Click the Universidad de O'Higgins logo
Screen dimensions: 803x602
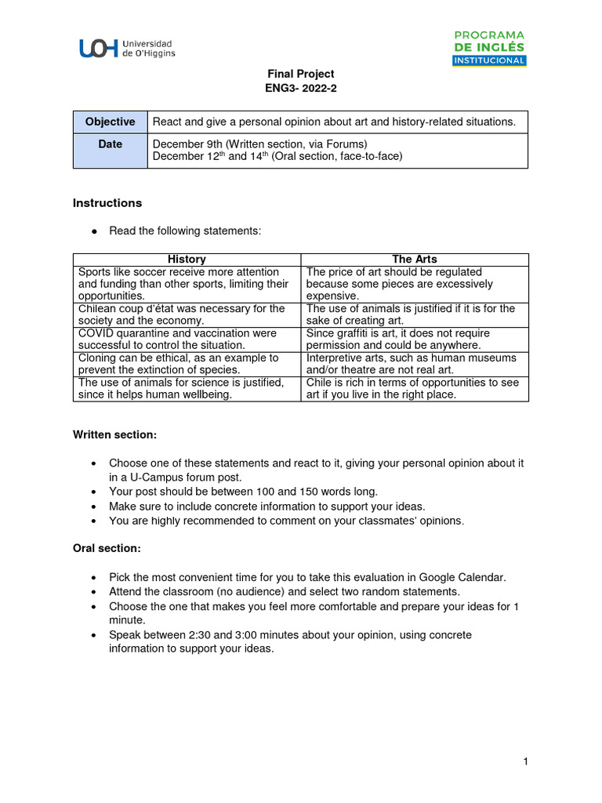pyautogui.click(x=126, y=49)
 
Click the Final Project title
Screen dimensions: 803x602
pyautogui.click(x=290, y=74)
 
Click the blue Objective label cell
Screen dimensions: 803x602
pyautogui.click(x=111, y=122)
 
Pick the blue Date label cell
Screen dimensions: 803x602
pyautogui.click(x=111, y=151)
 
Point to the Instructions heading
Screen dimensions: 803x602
pyautogui.click(x=107, y=203)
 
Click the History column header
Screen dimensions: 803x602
pyautogui.click(x=187, y=259)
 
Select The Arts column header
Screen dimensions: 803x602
pyautogui.click(x=415, y=259)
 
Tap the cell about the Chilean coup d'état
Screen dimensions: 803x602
pyautogui.click(x=187, y=314)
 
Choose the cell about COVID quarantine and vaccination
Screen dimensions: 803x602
pyautogui.click(x=187, y=339)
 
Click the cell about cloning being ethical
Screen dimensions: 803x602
pyautogui.click(x=187, y=364)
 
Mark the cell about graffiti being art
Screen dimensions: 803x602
pyautogui.click(x=415, y=339)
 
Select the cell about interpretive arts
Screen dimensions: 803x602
pyautogui.click(x=415, y=364)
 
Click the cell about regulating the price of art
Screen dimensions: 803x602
pyautogui.click(x=415, y=284)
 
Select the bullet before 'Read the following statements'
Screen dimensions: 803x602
pyautogui.click(x=94, y=231)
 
